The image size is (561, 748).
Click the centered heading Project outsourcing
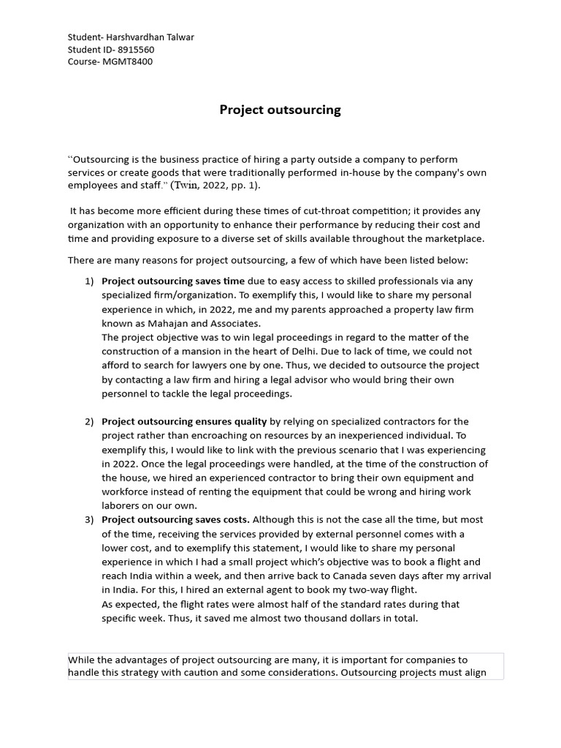click(280, 110)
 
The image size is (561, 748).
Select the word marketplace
click(451, 238)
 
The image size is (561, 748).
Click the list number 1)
click(90, 281)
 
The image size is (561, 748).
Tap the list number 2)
click(90, 421)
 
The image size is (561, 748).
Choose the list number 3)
click(90, 519)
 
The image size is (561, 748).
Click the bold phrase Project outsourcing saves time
click(173, 281)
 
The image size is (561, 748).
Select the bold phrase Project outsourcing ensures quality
click(184, 421)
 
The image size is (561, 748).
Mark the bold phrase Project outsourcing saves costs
click(175, 519)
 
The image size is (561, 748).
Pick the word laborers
click(122, 505)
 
